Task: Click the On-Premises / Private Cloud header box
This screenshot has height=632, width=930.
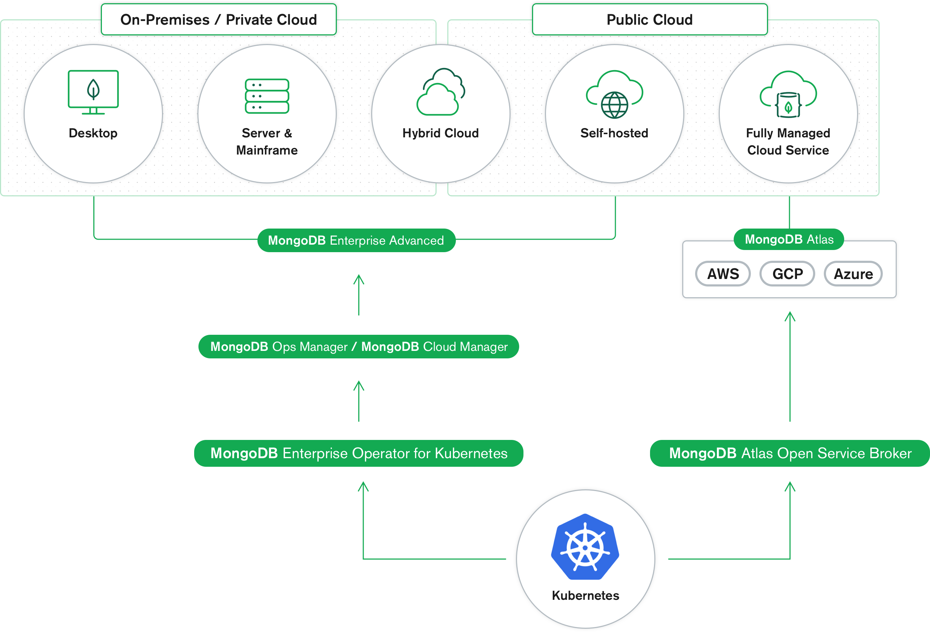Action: (218, 20)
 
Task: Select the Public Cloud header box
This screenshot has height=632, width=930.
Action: (649, 20)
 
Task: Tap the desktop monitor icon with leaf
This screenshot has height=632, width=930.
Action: (93, 92)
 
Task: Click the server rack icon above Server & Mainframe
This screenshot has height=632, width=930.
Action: (267, 96)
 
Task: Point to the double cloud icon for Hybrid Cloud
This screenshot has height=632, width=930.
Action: (441, 92)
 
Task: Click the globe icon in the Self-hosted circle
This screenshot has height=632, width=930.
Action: (615, 105)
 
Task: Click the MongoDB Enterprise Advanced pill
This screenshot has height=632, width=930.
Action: (356, 240)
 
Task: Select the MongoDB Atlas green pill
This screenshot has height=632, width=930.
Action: (789, 239)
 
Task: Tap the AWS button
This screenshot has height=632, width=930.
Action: (723, 274)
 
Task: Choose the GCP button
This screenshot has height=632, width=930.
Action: (787, 274)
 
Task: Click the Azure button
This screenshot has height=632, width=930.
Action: (853, 274)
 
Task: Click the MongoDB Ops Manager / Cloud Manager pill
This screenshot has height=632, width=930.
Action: (359, 347)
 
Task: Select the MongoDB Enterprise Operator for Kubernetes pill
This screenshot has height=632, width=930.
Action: (359, 453)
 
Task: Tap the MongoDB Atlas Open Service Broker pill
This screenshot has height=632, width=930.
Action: (790, 453)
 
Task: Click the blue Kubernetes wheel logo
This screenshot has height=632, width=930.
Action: (585, 547)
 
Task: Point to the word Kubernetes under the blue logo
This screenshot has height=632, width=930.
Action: (585, 596)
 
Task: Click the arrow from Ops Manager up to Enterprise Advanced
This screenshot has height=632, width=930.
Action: (359, 295)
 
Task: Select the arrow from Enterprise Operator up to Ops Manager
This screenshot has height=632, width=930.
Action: (359, 401)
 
